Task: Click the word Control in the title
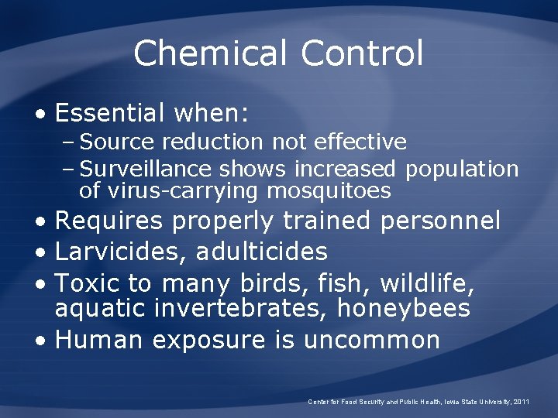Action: point(362,54)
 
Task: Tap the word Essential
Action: point(109,115)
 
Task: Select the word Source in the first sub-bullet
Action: point(108,142)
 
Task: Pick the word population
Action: point(462,169)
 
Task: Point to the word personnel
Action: point(441,221)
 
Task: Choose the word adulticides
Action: point(262,252)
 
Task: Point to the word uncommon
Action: point(372,339)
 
